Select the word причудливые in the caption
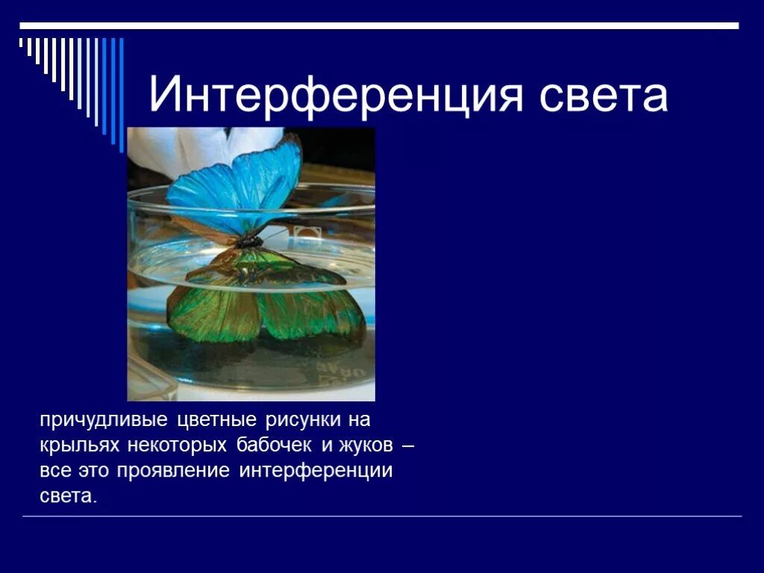pos(104,421)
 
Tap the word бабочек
pos(276,446)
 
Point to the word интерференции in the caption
pos(316,472)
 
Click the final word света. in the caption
pos(69,497)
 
